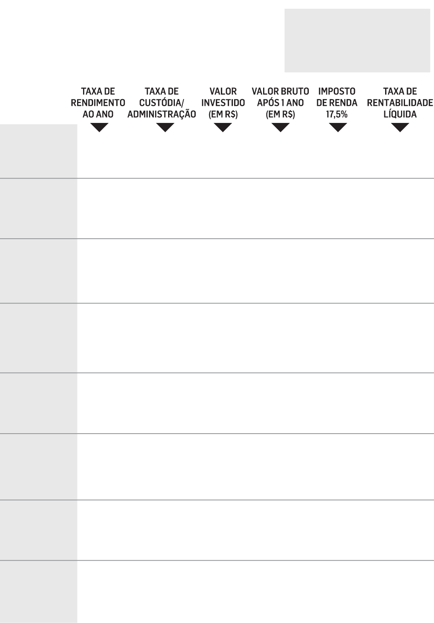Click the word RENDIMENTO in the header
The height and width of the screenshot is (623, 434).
98,103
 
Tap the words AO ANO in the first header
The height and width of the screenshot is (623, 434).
98,114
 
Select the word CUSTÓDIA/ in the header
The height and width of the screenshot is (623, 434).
161,103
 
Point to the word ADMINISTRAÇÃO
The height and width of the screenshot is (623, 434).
162,114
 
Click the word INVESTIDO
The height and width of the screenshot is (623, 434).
223,103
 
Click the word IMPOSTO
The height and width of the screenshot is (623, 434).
337,91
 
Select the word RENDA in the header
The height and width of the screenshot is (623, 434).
343,103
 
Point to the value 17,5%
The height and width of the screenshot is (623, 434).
337,114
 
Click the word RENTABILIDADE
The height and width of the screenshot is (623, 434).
400,103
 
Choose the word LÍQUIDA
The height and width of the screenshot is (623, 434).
400,114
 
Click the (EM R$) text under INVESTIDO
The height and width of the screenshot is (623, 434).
223,114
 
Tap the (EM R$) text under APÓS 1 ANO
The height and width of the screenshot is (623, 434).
280,114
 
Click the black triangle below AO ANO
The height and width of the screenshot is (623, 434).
99,127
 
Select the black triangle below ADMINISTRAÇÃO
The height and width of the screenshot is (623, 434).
165,127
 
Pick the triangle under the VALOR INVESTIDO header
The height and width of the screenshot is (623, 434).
223,127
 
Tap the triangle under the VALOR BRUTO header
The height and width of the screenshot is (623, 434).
280,127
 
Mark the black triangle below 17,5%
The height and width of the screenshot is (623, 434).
338,127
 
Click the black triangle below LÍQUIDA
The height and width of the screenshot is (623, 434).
400,127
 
